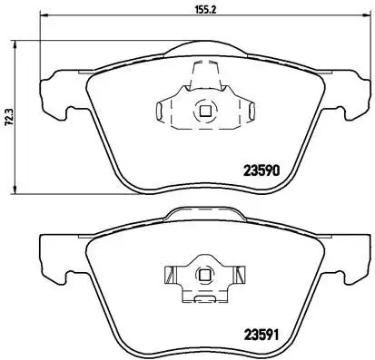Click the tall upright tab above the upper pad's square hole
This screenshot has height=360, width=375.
pyautogui.click(x=202, y=78)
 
